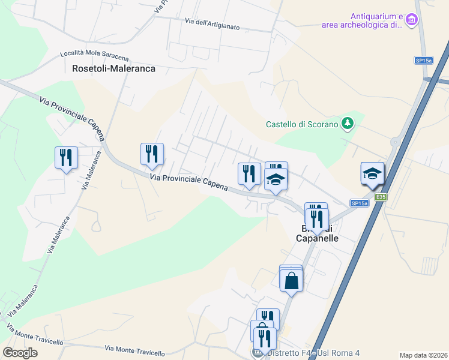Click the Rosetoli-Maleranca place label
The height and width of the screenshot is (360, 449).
click(113, 68)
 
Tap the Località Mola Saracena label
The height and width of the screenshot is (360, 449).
click(94, 55)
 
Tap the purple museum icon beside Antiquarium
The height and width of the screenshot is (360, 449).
click(411, 20)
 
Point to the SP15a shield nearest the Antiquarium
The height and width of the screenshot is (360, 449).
click(423, 60)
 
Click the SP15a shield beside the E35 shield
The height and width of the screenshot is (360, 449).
click(359, 203)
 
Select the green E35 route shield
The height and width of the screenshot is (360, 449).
click(380, 196)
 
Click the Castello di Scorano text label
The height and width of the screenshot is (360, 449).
click(302, 125)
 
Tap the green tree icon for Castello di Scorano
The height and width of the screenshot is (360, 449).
click(346, 124)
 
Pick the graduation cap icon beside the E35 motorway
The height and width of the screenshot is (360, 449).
click(372, 173)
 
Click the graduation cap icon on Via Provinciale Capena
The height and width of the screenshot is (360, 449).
click(276, 179)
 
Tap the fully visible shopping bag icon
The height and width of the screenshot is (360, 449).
click(291, 280)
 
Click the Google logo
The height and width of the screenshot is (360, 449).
click(20, 352)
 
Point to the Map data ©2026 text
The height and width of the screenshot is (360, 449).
click(423, 355)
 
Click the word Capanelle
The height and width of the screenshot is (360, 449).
click(318, 238)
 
